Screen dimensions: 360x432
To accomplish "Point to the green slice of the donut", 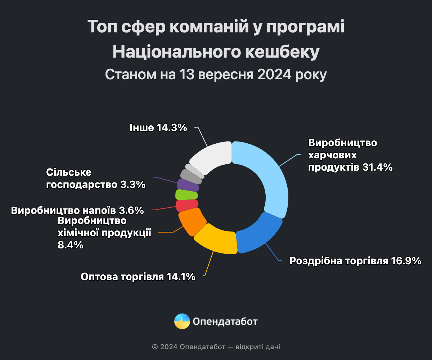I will (x=186, y=195).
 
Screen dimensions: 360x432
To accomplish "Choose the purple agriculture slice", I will (x=188, y=185).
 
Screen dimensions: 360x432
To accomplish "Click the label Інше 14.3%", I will (x=158, y=127).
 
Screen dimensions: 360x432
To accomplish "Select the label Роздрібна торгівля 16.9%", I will (x=355, y=261).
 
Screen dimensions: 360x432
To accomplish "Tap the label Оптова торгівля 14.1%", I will (x=138, y=276).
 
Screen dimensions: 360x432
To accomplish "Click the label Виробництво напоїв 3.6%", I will (x=77, y=210).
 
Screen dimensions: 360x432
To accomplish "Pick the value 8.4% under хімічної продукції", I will (x=71, y=245).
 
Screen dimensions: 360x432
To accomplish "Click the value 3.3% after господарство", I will (x=132, y=185).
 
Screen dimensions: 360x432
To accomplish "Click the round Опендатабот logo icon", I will (x=182, y=321).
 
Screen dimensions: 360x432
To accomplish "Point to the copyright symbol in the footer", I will (x=155, y=347).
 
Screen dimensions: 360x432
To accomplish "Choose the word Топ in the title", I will (x=102, y=28).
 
